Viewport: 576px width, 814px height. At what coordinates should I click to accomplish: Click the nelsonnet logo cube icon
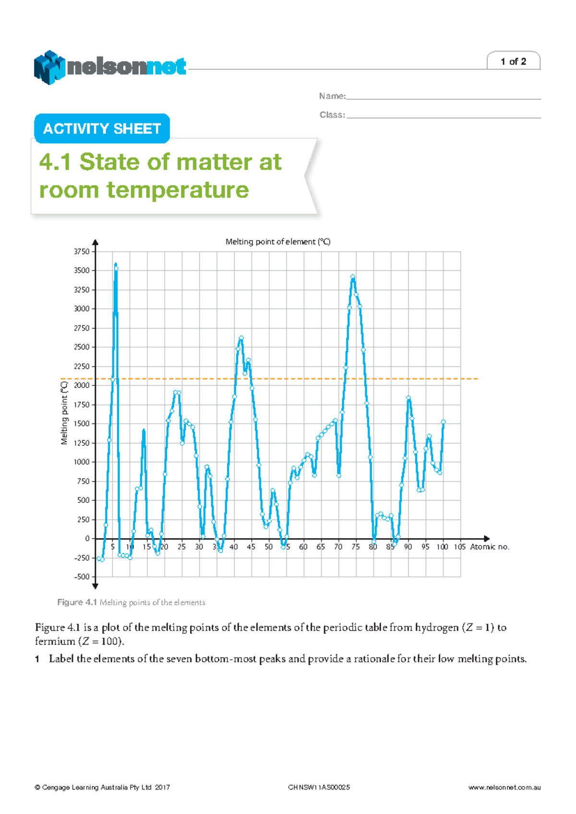point(49,67)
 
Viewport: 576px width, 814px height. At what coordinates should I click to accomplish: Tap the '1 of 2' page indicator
point(513,61)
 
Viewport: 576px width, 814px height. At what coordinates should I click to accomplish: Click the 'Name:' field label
point(332,96)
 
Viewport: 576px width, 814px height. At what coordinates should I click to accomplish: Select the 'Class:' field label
point(332,115)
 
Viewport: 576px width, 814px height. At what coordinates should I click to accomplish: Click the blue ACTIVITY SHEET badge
point(102,129)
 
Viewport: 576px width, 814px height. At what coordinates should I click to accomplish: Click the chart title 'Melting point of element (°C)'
point(278,242)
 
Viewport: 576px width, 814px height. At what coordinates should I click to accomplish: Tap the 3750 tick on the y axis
point(82,251)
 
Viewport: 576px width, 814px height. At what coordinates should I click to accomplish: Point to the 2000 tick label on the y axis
point(82,385)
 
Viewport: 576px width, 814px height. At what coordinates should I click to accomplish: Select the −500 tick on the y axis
point(82,577)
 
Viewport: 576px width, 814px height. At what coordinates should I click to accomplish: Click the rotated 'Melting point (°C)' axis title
point(64,413)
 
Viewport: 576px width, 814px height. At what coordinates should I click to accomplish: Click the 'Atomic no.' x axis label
point(490,547)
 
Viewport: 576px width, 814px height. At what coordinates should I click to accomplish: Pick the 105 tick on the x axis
point(459,547)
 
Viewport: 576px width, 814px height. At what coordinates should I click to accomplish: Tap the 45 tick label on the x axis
point(251,547)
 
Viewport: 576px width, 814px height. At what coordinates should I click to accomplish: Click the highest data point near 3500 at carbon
point(116,268)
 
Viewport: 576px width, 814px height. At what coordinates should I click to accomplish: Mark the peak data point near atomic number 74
point(353,277)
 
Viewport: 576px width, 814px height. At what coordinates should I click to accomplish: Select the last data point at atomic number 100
point(443,422)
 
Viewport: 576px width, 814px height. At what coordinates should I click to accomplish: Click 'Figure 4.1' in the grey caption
point(77,602)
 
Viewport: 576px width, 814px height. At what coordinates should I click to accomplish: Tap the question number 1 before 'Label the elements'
point(37,659)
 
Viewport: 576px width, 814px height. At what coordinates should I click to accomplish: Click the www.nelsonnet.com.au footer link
point(504,788)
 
